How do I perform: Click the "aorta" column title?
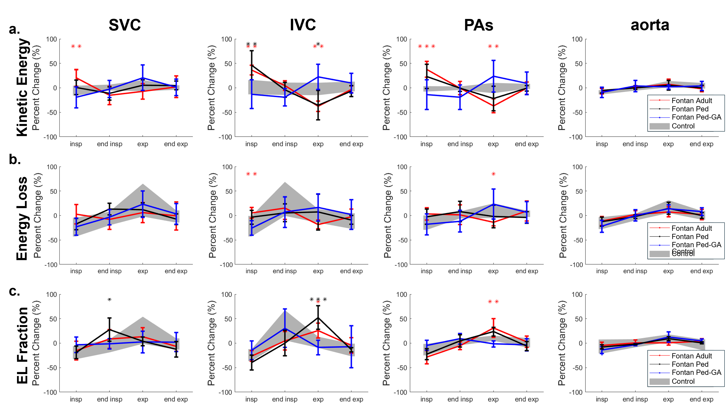pos(650,26)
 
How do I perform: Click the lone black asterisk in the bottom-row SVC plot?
pos(109,300)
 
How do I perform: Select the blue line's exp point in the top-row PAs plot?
pos(493,76)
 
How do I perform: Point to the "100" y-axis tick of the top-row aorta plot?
pos(577,39)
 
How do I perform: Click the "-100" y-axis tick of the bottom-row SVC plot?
pos(50,392)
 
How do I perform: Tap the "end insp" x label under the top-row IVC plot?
pos(285,144)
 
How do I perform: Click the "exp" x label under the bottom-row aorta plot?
pos(668,399)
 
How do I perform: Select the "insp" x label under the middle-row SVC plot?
pos(76,271)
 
